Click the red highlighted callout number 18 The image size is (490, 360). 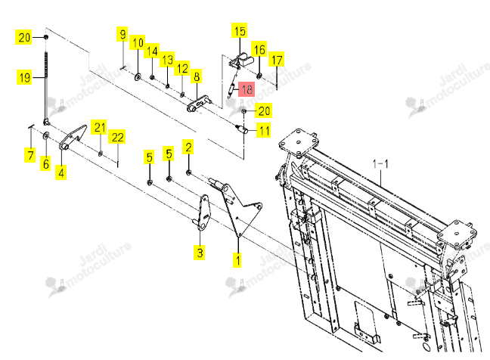pyautogui.click(x=247, y=89)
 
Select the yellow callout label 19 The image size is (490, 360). pyautogui.click(x=25, y=77)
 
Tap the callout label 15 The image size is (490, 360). pyautogui.click(x=240, y=30)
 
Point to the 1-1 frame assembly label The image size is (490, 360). pyautogui.click(x=380, y=163)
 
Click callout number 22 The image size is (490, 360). pyautogui.click(x=117, y=137)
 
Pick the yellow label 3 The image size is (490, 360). pyautogui.click(x=200, y=252)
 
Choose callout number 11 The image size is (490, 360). pyautogui.click(x=264, y=130)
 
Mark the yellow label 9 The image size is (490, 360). pyautogui.click(x=122, y=34)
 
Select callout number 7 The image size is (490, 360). pyautogui.click(x=30, y=155)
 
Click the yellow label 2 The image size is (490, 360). pyautogui.click(x=188, y=147)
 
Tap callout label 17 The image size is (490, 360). pyautogui.click(x=277, y=60)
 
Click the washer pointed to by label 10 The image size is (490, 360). pyautogui.click(x=138, y=76)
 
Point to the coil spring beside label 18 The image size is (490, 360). pyautogui.click(x=232, y=89)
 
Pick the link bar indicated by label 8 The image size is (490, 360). pyautogui.click(x=199, y=104)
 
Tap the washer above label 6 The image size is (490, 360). pyautogui.click(x=45, y=135)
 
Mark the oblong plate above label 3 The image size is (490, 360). pyautogui.click(x=203, y=213)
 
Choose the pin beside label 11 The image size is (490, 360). pyautogui.click(x=241, y=128)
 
